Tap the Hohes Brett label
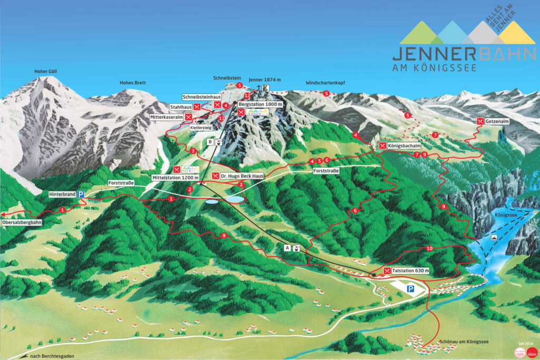click(132, 83)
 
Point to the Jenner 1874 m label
click(264, 80)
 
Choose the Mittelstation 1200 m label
click(175, 178)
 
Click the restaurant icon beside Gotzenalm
click(480, 122)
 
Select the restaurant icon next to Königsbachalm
click(382, 145)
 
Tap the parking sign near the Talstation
click(411, 289)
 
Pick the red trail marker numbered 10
click(429, 248)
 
